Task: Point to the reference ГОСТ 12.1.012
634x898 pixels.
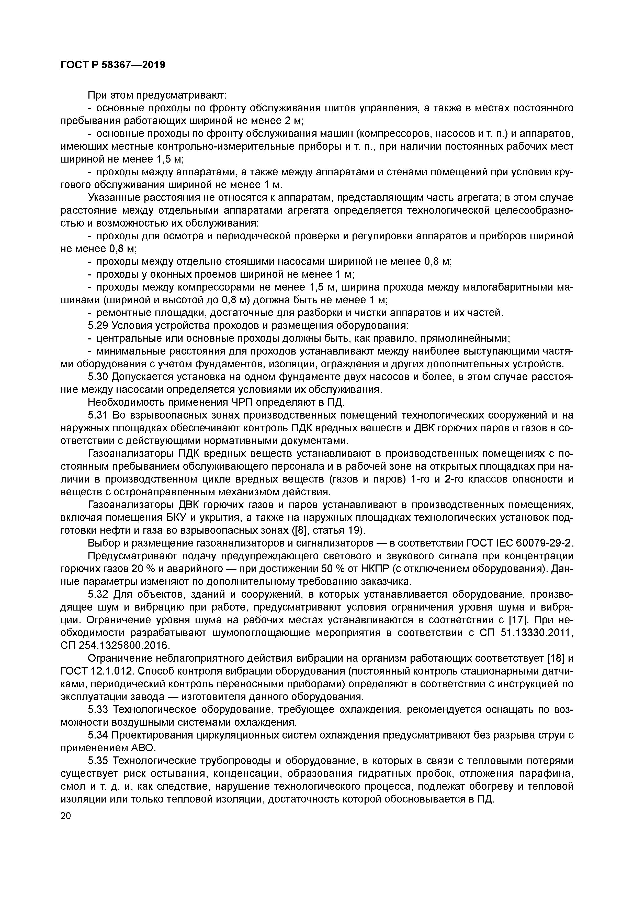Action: [97, 671]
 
